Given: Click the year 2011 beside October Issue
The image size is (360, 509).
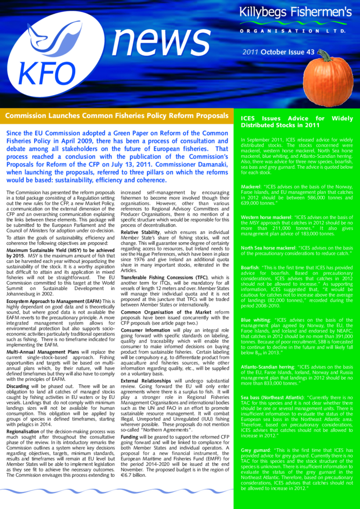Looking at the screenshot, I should (250, 52).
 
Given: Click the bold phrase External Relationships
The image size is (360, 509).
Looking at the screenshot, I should (149, 367).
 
